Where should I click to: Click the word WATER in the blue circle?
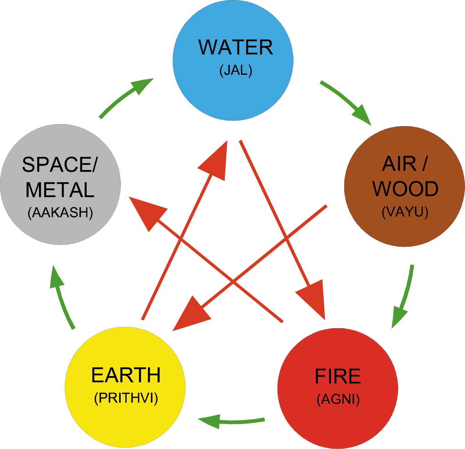(x=235, y=47)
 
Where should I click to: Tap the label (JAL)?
(x=236, y=70)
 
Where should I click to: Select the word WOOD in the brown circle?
(x=405, y=189)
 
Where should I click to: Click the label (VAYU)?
(x=405, y=212)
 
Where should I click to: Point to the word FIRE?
(x=338, y=376)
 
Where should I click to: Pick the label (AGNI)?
(x=338, y=399)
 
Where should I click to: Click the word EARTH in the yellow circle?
(x=126, y=375)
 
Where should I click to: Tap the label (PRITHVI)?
(x=126, y=398)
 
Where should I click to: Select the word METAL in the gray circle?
(x=60, y=190)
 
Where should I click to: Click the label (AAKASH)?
(x=60, y=213)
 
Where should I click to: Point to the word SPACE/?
(x=60, y=165)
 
